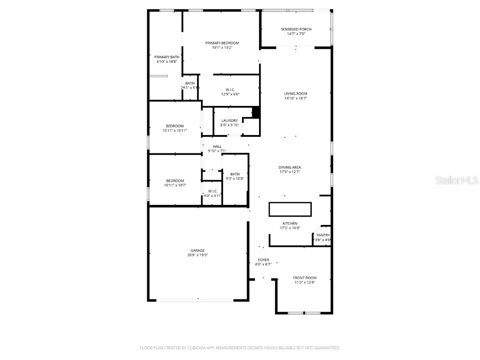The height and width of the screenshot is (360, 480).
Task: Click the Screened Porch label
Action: (296, 29)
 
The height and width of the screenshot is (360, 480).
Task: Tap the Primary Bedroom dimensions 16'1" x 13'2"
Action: (222, 47)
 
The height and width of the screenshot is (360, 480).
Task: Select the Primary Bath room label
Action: (167, 57)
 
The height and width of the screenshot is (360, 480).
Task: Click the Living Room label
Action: (296, 93)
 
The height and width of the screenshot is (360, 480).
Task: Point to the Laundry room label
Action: (230, 120)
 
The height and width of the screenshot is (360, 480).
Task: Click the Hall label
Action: (217, 146)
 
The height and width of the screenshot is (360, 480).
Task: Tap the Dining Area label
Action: (290, 167)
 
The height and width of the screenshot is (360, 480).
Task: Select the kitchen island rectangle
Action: (290, 209)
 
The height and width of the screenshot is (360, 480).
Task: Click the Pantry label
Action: (323, 235)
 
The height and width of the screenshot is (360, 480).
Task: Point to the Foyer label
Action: (263, 260)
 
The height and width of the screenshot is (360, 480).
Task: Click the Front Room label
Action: (305, 277)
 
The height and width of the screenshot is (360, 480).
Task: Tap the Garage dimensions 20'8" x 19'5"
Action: (197, 255)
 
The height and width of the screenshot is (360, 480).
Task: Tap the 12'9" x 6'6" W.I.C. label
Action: (230, 91)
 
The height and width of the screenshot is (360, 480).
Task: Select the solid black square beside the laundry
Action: (256, 112)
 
